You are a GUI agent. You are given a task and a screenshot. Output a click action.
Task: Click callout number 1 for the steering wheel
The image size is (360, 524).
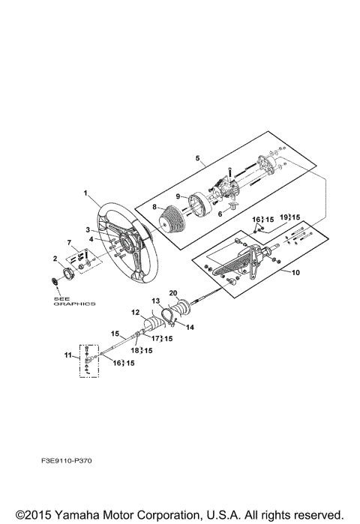[x=85, y=193]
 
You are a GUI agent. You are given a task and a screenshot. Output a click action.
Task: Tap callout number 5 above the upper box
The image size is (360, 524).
[x=197, y=157]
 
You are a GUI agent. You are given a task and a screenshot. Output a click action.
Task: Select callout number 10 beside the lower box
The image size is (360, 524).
[x=295, y=273]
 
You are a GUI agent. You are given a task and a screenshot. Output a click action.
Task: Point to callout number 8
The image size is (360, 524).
[x=154, y=207]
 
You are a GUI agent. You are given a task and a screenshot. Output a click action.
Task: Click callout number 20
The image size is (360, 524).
[x=173, y=293]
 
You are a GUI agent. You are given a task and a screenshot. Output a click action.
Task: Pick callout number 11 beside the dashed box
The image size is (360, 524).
[x=67, y=355]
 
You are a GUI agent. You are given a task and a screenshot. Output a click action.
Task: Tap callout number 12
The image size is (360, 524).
[x=136, y=313]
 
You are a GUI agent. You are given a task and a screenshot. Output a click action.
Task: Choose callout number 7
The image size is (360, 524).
[x=69, y=242]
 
